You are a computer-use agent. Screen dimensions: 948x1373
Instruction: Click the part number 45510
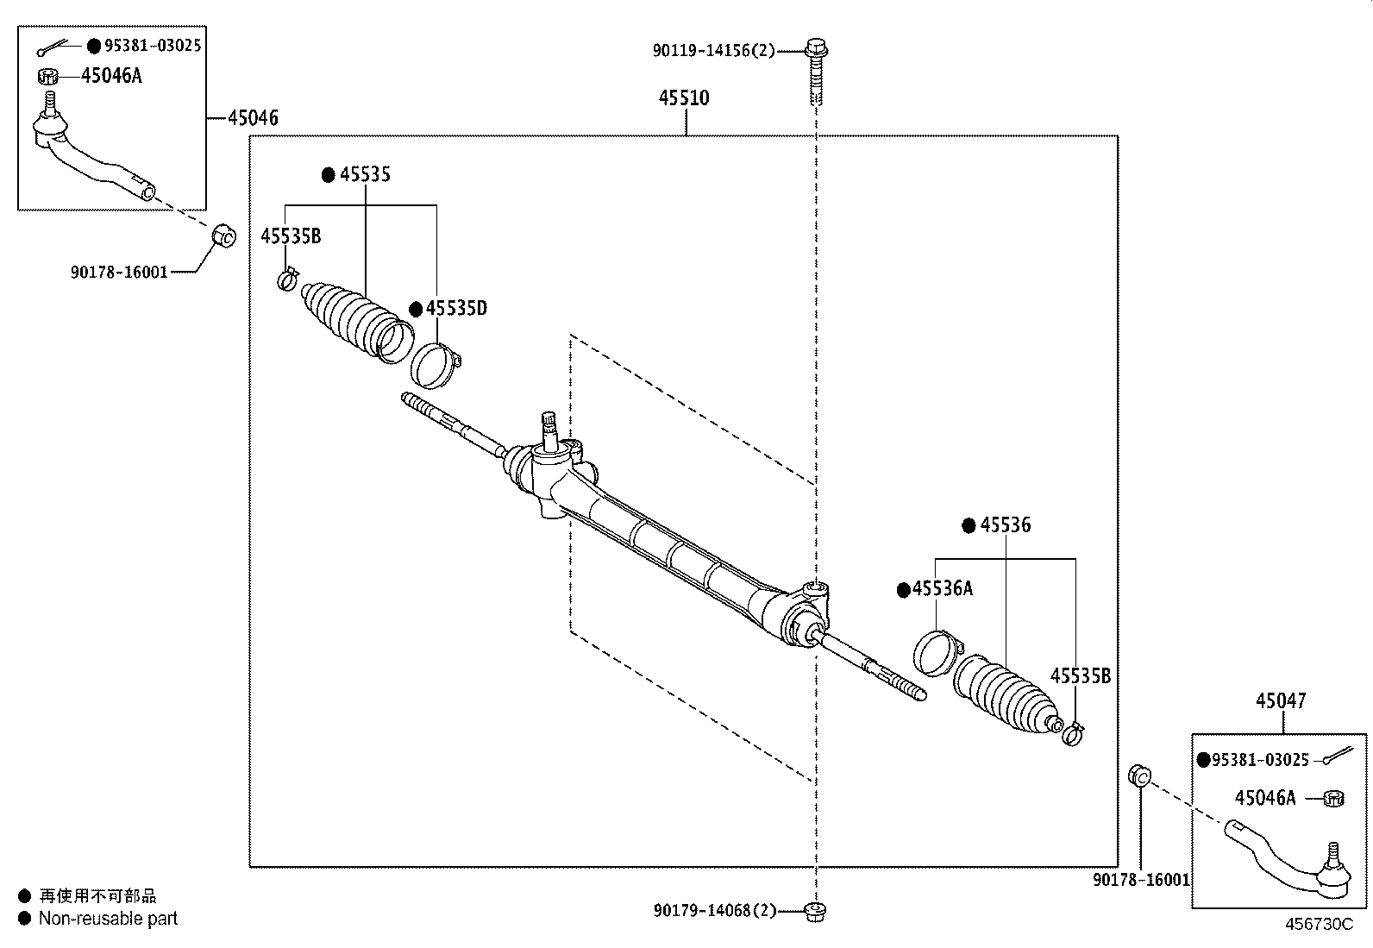[x=684, y=98]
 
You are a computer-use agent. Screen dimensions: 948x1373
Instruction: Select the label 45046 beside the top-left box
[x=253, y=118]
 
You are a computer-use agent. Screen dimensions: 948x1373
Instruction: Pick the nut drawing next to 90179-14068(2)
[x=814, y=910]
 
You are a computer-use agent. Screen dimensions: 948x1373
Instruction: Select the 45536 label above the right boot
[x=1005, y=524]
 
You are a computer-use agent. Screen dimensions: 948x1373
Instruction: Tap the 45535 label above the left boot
[x=364, y=174]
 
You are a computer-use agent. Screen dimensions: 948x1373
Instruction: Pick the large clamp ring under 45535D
[x=436, y=365]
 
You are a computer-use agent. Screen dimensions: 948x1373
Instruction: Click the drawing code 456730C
[x=1319, y=924]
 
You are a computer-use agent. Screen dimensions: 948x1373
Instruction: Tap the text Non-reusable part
[x=108, y=919]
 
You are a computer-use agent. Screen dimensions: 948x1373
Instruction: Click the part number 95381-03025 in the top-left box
[x=153, y=46]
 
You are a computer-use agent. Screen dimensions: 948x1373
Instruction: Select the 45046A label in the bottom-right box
[x=1264, y=798]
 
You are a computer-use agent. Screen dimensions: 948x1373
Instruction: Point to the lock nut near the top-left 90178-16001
[x=223, y=234]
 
